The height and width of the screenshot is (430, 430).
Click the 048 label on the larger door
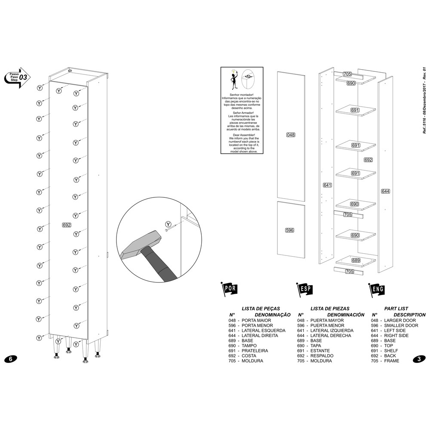291,135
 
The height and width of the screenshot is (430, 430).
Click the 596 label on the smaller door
289,230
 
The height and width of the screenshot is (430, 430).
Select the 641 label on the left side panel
327,185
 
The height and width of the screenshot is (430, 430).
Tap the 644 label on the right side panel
385,191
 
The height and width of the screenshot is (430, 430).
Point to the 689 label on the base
356,261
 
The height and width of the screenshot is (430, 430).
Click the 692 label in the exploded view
368,160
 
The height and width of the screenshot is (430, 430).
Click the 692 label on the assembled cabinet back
66,225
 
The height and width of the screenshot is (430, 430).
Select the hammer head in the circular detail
136,246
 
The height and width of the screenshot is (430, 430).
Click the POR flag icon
228,289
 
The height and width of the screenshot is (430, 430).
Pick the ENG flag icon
376,289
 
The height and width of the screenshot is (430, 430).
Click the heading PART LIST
396,309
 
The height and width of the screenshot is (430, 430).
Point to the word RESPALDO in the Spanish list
321,356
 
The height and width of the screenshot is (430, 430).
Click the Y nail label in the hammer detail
169,224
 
